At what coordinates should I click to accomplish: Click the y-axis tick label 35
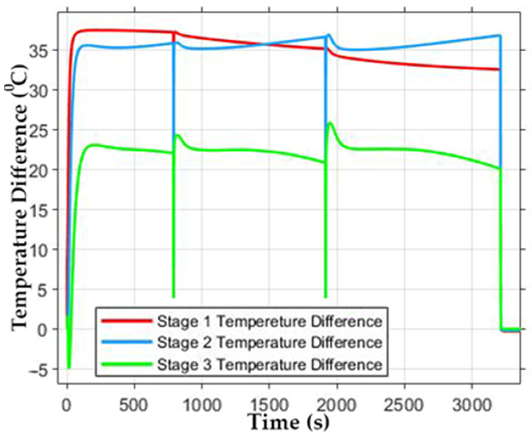click(x=39, y=50)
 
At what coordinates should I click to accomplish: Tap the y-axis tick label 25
click(x=39, y=130)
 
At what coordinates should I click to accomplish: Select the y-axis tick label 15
click(x=39, y=210)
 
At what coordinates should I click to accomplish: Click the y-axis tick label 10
click(x=39, y=249)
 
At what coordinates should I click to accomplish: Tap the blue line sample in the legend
click(x=127, y=342)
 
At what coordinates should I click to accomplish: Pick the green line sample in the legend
click(x=127, y=364)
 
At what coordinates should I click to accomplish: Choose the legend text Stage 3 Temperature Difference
click(x=269, y=365)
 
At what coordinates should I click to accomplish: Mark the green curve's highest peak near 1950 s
click(x=330, y=123)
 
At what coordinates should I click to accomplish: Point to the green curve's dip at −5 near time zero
click(x=69, y=368)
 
